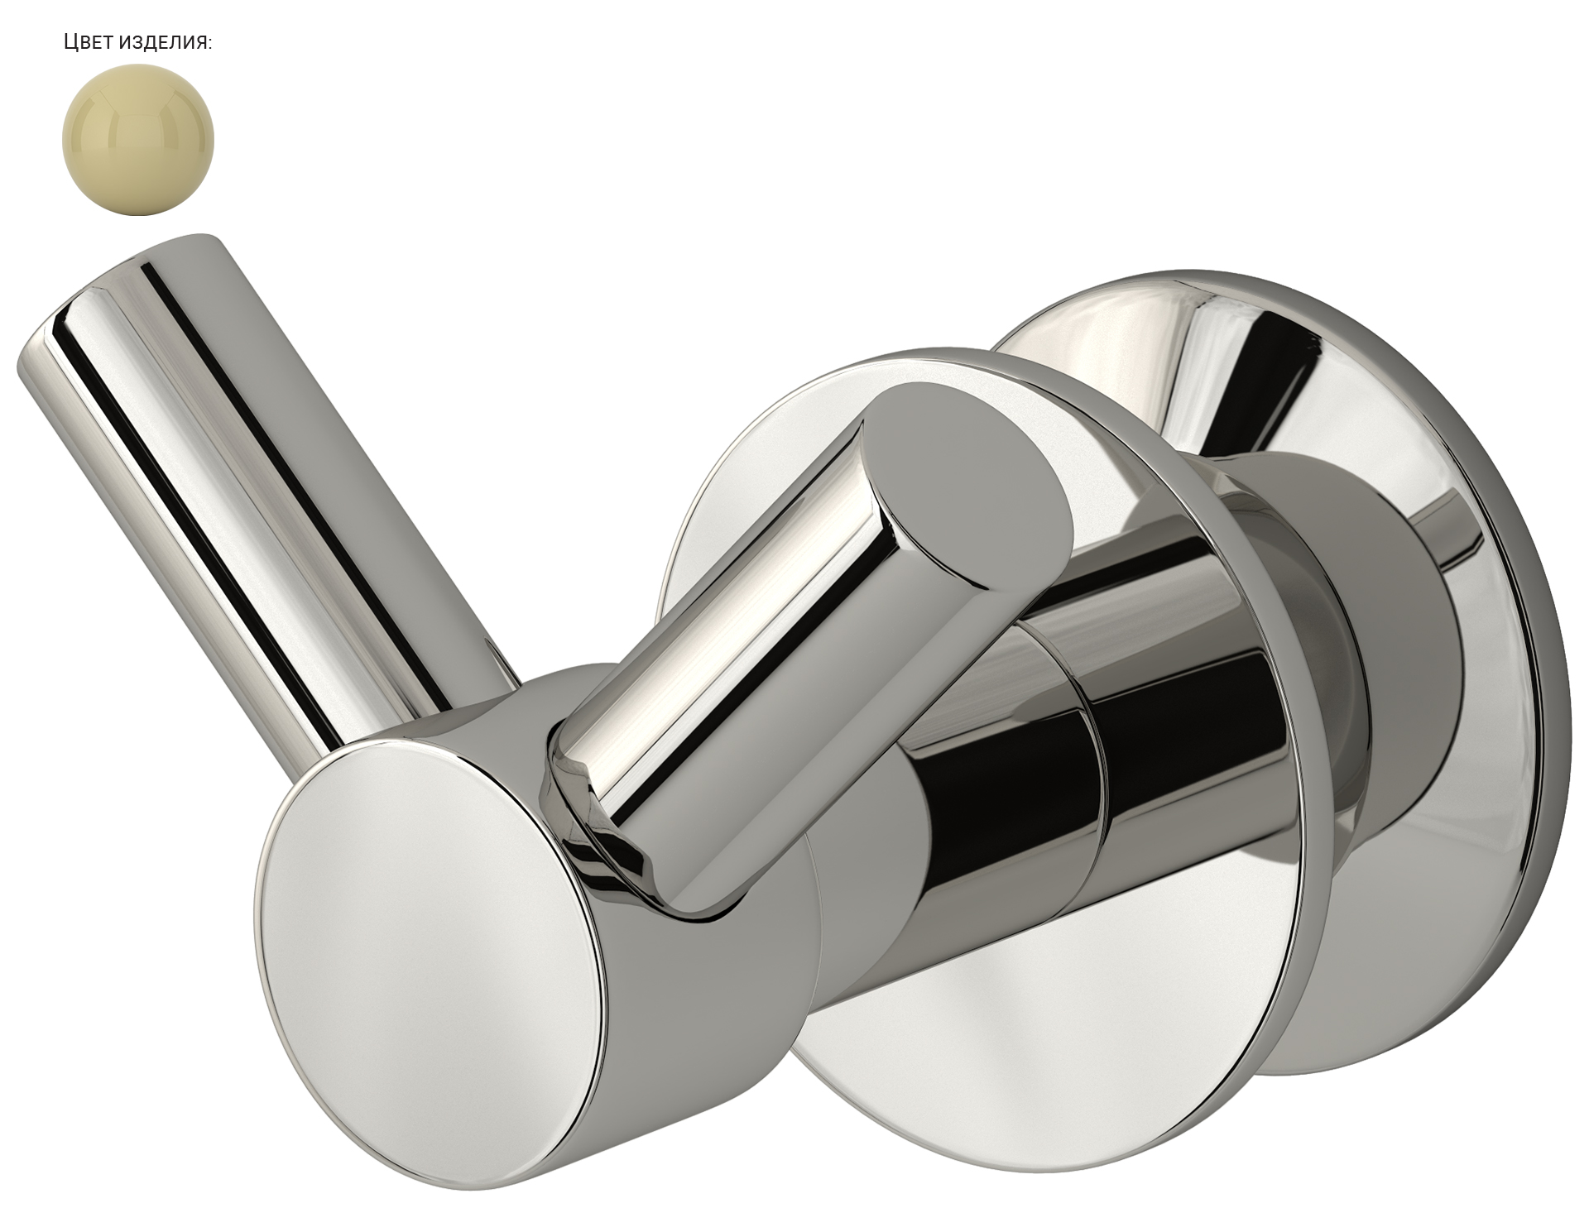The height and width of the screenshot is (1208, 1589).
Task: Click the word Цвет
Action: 88,43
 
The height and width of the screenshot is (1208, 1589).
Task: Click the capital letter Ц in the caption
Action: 70,43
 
